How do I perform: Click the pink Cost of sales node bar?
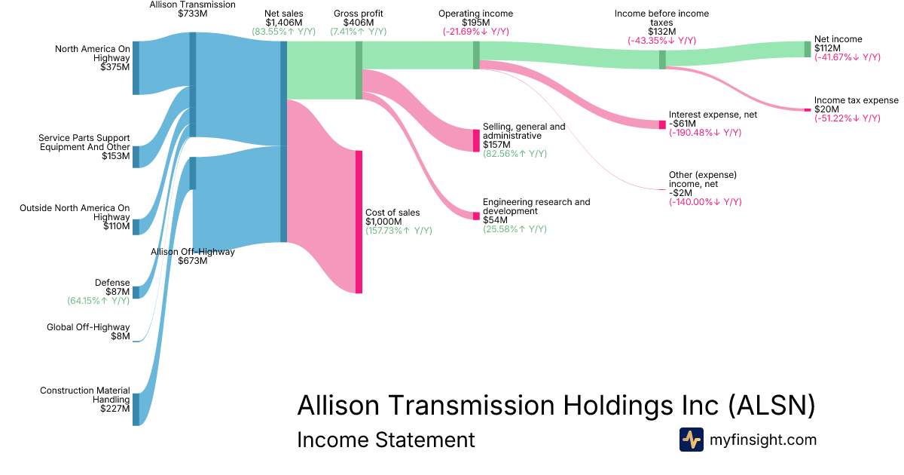click(359, 222)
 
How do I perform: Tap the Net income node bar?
click(808, 49)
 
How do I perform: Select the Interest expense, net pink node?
click(662, 125)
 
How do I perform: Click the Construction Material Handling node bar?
click(136, 409)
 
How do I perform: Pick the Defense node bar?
click(136, 293)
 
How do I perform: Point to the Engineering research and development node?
click(476, 216)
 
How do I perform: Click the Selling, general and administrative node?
click(476, 140)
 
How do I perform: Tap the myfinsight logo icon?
click(692, 440)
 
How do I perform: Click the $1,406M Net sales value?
click(284, 23)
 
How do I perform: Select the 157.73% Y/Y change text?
click(399, 231)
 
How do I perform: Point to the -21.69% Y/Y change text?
click(476, 32)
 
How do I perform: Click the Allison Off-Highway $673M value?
click(193, 261)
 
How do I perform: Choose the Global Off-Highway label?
click(88, 326)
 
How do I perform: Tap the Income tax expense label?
click(857, 100)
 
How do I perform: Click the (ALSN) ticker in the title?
click(771, 405)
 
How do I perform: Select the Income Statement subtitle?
click(386, 440)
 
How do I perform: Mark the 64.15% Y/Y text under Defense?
click(98, 301)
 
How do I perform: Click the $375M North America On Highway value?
click(115, 67)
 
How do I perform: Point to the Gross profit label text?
click(359, 14)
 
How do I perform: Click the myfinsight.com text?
click(762, 440)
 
